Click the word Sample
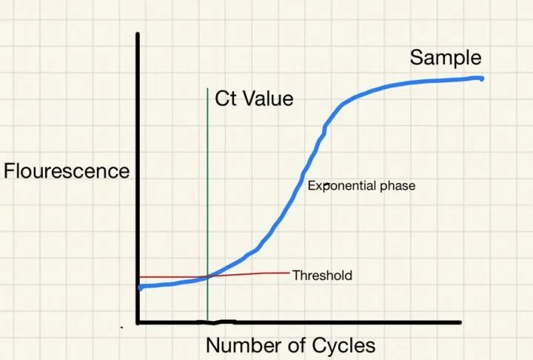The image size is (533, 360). click(446, 58)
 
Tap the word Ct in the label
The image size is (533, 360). click(227, 99)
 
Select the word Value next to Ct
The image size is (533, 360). click(269, 99)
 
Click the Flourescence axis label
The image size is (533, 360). click(67, 171)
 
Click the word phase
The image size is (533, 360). click(398, 186)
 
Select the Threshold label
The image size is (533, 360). click(322, 276)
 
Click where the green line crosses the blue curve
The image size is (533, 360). click(208, 276)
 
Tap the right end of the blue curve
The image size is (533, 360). click(482, 78)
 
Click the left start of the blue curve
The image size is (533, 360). click(140, 287)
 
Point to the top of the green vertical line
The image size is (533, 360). click(207, 89)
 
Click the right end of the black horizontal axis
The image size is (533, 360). click(460, 322)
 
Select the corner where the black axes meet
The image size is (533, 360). click(138, 322)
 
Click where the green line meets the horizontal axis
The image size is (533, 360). click(208, 322)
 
